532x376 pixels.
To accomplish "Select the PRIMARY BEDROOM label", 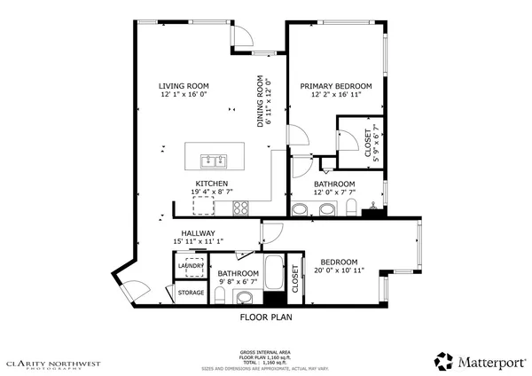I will click(335, 86).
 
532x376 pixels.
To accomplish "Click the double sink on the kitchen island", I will click(213, 161).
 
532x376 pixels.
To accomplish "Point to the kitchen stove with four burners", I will click(240, 208).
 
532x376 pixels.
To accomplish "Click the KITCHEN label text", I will click(199, 184).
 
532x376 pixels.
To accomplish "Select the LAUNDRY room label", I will click(192, 265).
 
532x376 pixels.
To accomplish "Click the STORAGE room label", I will click(191, 292).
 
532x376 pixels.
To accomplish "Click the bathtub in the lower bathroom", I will click(274, 276).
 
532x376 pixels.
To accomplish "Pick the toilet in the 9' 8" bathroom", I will click(218, 294).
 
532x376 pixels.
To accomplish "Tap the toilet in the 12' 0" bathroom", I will click(352, 208).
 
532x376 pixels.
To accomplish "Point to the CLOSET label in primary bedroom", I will click(369, 143).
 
